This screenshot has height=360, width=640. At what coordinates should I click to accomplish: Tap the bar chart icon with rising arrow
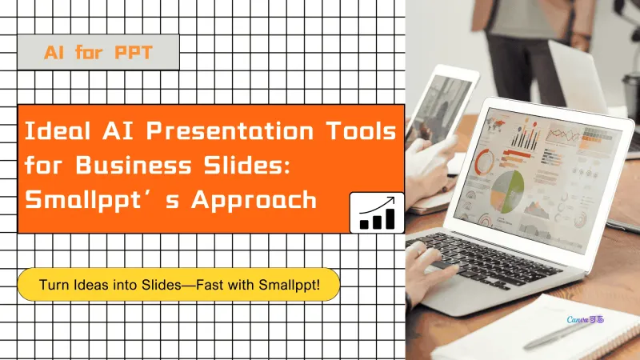click(377, 212)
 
